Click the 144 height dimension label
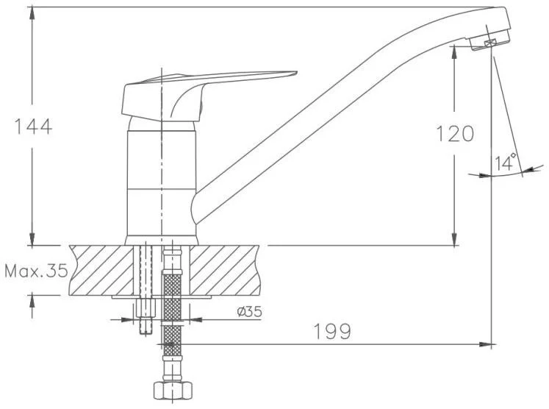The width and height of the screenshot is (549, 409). pos(33,127)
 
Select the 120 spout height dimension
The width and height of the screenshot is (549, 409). pos(455,134)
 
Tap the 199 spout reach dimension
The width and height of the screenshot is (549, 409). pos(332,332)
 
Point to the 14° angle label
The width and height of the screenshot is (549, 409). pos(506,162)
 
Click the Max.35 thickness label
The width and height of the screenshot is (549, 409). pos(37,271)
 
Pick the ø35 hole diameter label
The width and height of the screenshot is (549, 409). pos(249,311)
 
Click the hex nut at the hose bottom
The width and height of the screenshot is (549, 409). pos(173,390)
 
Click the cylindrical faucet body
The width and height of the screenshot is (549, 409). pos(161,182)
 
